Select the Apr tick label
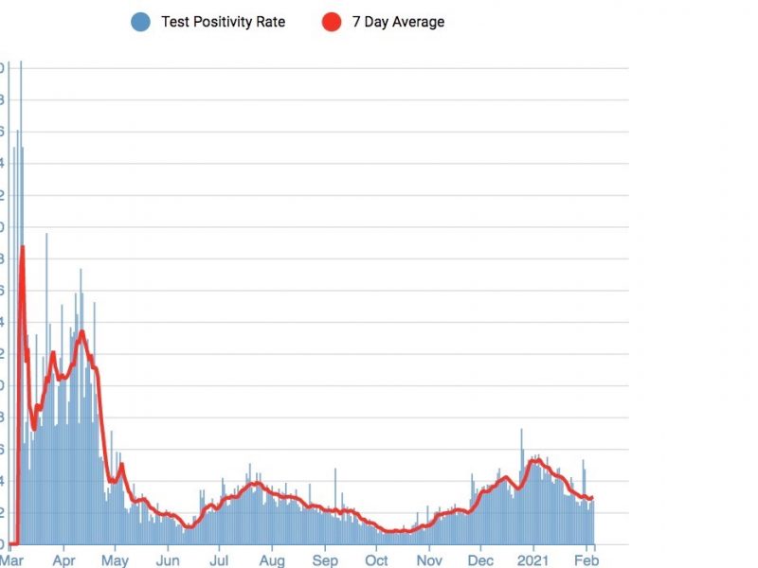[63, 559]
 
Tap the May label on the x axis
[115, 559]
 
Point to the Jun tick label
[168, 559]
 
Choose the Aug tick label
[272, 559]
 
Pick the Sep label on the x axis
[325, 559]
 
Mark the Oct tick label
[376, 559]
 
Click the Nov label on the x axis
[429, 559]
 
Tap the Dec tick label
[480, 559]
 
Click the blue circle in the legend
[140, 22]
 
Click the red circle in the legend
[331, 22]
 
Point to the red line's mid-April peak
[81, 331]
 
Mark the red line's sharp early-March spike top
[22, 247]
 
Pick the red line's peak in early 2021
[536, 459]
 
